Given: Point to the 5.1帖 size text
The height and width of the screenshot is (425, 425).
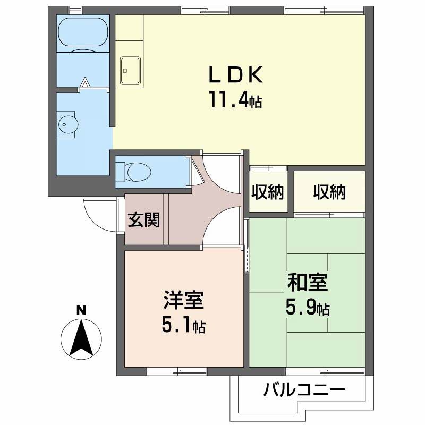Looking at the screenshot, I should pos(183,325).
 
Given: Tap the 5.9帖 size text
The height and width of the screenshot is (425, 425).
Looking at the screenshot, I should pos(308,307).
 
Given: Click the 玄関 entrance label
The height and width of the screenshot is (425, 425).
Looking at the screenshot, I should pos(143,219).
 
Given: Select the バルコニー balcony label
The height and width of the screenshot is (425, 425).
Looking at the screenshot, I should pos(304,392).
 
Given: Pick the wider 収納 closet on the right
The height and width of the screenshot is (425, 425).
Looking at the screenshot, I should pos(329,192).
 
